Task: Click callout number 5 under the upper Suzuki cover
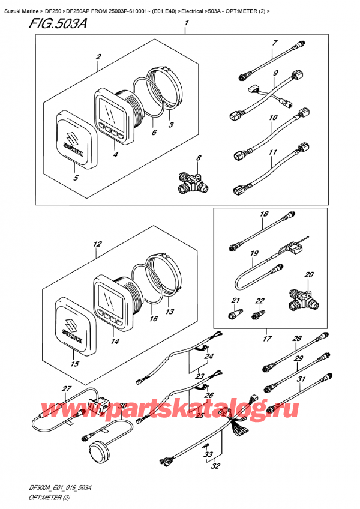(x=76, y=178)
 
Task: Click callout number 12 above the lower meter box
(x=97, y=244)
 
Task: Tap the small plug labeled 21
(x=233, y=313)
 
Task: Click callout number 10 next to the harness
(x=273, y=118)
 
